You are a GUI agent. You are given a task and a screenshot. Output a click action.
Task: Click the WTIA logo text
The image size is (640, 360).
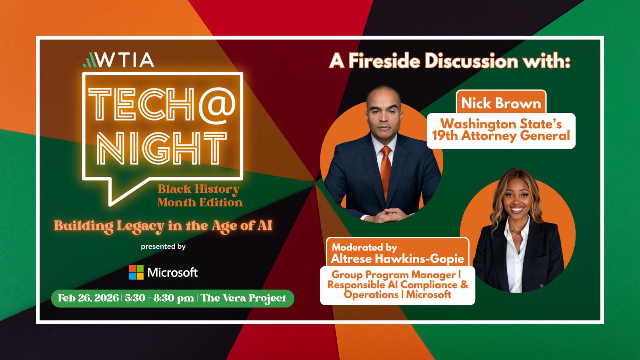coord(126,60)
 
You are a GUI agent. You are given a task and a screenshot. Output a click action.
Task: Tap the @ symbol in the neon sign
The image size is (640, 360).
coord(217,104)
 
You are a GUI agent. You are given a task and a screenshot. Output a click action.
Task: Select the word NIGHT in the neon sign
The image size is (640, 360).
coord(162,148)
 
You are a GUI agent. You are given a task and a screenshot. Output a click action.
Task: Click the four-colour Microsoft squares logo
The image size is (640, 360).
coord(136,272)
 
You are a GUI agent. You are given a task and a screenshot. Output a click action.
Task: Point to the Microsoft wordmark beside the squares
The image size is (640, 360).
coord(172,272)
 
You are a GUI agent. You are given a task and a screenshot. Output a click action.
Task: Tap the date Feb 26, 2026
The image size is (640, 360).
coord(88,298)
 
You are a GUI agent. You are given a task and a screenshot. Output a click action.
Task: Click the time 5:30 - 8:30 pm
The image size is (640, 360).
coord(160,298)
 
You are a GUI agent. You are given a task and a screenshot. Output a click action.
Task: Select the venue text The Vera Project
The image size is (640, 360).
coord(244,298)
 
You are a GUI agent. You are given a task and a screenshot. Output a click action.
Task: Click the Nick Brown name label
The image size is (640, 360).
coord(501,103)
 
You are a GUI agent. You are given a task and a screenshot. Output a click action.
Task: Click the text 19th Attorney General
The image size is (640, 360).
coord(501,136)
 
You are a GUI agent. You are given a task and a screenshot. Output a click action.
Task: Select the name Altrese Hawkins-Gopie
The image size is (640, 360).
coord(398,259)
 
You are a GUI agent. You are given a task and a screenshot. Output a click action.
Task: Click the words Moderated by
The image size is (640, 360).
coord(364,247)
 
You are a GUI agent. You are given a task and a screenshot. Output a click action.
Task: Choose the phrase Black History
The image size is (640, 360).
coord(198,189)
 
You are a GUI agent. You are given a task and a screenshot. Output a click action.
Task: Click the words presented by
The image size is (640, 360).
coord(163,246)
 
